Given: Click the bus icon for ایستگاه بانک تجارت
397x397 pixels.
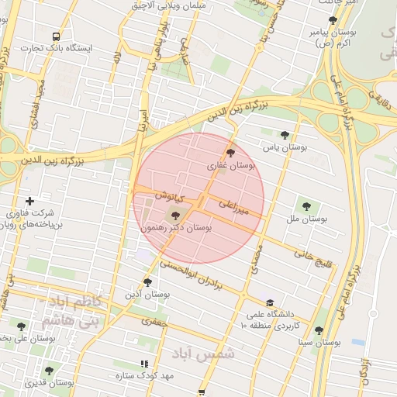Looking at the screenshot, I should click(55, 36).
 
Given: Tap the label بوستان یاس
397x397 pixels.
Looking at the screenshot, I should click(285, 146).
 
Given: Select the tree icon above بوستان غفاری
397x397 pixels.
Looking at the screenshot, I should click(230, 152).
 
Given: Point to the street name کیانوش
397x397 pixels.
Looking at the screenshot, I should click(166, 196).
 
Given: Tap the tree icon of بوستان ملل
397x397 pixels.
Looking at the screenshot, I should click(306, 206).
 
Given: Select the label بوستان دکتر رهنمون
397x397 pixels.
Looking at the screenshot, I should click(176, 229).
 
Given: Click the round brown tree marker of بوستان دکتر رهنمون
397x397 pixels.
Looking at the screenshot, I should click(173, 215).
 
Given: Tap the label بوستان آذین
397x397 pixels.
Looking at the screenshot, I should click(147, 295).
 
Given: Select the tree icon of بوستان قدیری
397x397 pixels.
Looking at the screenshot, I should click(49, 371).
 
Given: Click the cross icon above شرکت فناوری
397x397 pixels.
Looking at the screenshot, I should click(30, 201).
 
